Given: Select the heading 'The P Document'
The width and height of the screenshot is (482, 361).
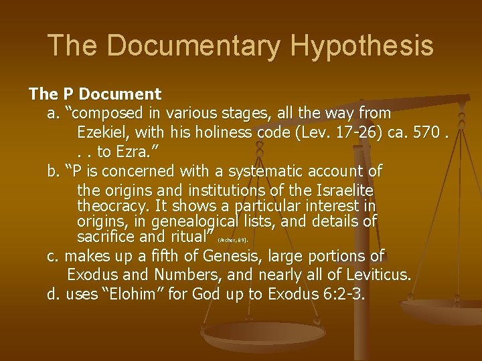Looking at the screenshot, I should coord(94,94).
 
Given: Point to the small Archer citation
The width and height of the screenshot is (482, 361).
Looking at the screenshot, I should coord(233,239).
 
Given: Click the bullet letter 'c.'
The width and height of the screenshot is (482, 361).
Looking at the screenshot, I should coord(54,255).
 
